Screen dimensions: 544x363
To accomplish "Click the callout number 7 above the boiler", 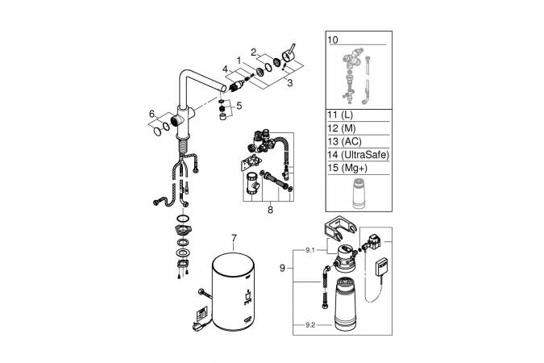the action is coord(235,238).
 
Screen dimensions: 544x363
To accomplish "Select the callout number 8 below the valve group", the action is coord(270,210).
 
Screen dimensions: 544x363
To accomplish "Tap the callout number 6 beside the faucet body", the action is coord(152,114).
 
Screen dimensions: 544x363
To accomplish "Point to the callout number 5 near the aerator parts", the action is coord(239,105).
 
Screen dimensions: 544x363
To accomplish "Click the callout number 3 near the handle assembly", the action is coord(289,83).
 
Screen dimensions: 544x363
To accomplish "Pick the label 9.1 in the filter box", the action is coord(310,250).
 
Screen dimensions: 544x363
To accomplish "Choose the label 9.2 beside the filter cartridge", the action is coord(310,325).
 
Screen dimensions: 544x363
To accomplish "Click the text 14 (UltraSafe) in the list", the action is coord(359,155).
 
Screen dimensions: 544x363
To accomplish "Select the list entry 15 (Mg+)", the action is coord(343,168).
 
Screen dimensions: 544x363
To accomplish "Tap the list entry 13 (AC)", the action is coord(344,141).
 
